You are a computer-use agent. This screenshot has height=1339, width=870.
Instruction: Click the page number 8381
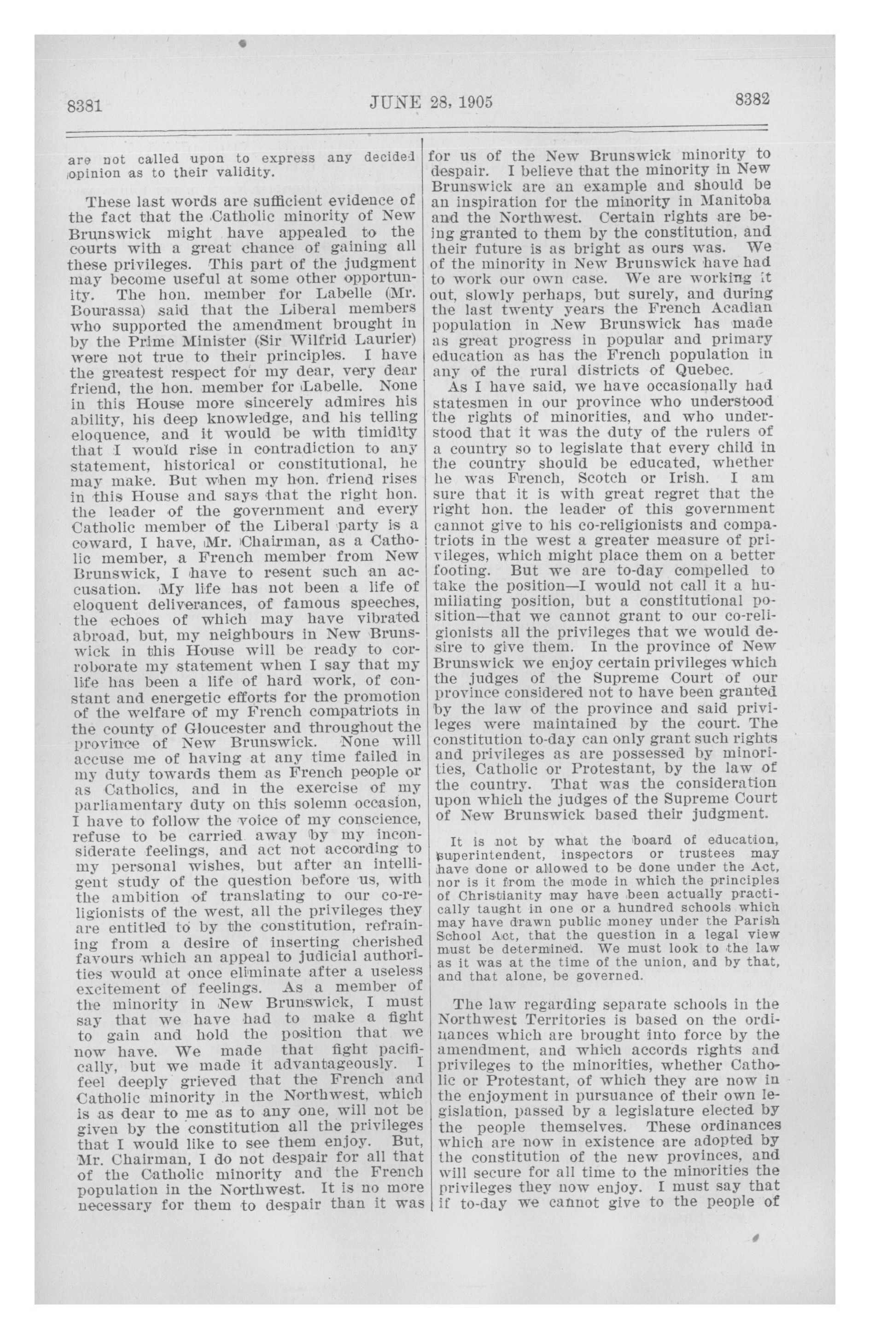(84, 105)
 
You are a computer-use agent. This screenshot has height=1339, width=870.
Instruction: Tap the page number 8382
(752, 100)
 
